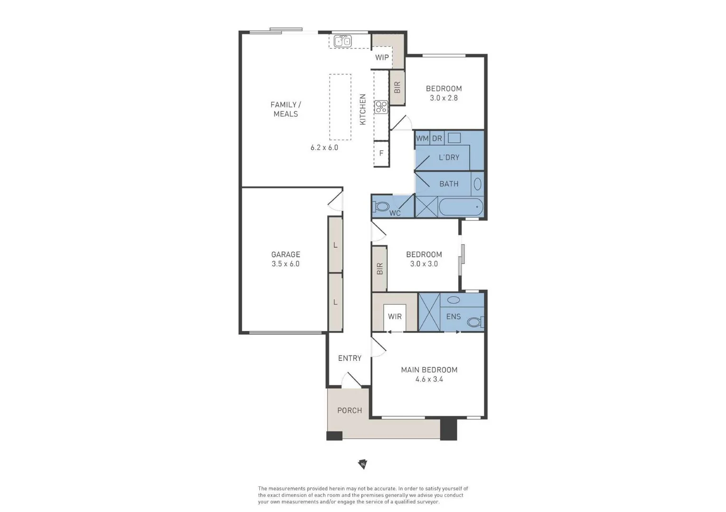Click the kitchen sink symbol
pyautogui.click(x=342, y=41)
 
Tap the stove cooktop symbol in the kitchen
pyautogui.click(x=381, y=107)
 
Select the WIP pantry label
pyautogui.click(x=382, y=57)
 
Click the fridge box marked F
pyautogui.click(x=381, y=153)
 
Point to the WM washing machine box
pyautogui.click(x=422, y=138)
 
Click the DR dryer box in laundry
pyautogui.click(x=437, y=138)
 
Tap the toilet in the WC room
pyautogui.click(x=381, y=207)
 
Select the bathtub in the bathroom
pyautogui.click(x=461, y=207)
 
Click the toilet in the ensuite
pyautogui.click(x=474, y=322)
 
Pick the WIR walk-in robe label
pyautogui.click(x=395, y=316)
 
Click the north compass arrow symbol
pyautogui.click(x=363, y=464)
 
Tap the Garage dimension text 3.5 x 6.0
pyautogui.click(x=285, y=264)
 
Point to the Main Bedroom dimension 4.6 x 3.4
pyautogui.click(x=429, y=379)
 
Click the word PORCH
pyautogui.click(x=349, y=411)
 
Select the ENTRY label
pyautogui.click(x=349, y=358)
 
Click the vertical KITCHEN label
pyautogui.click(x=363, y=110)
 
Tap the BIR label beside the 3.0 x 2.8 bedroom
pyautogui.click(x=397, y=87)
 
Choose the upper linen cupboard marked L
pyautogui.click(x=335, y=245)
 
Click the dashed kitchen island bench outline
pyautogui.click(x=340, y=107)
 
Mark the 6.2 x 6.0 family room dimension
pyautogui.click(x=324, y=147)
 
